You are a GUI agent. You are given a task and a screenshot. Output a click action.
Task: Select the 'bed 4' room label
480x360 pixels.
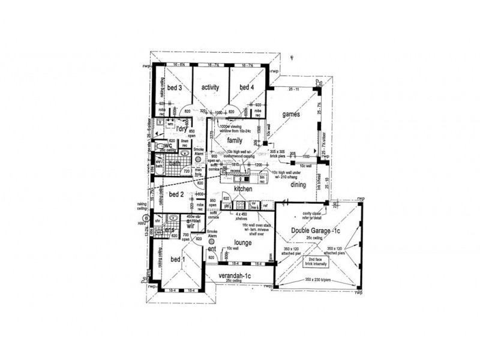click(247, 87)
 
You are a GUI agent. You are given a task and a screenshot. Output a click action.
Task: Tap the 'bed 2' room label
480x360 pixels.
click(176, 194)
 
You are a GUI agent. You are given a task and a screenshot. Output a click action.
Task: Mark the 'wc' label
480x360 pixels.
click(169, 145)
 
